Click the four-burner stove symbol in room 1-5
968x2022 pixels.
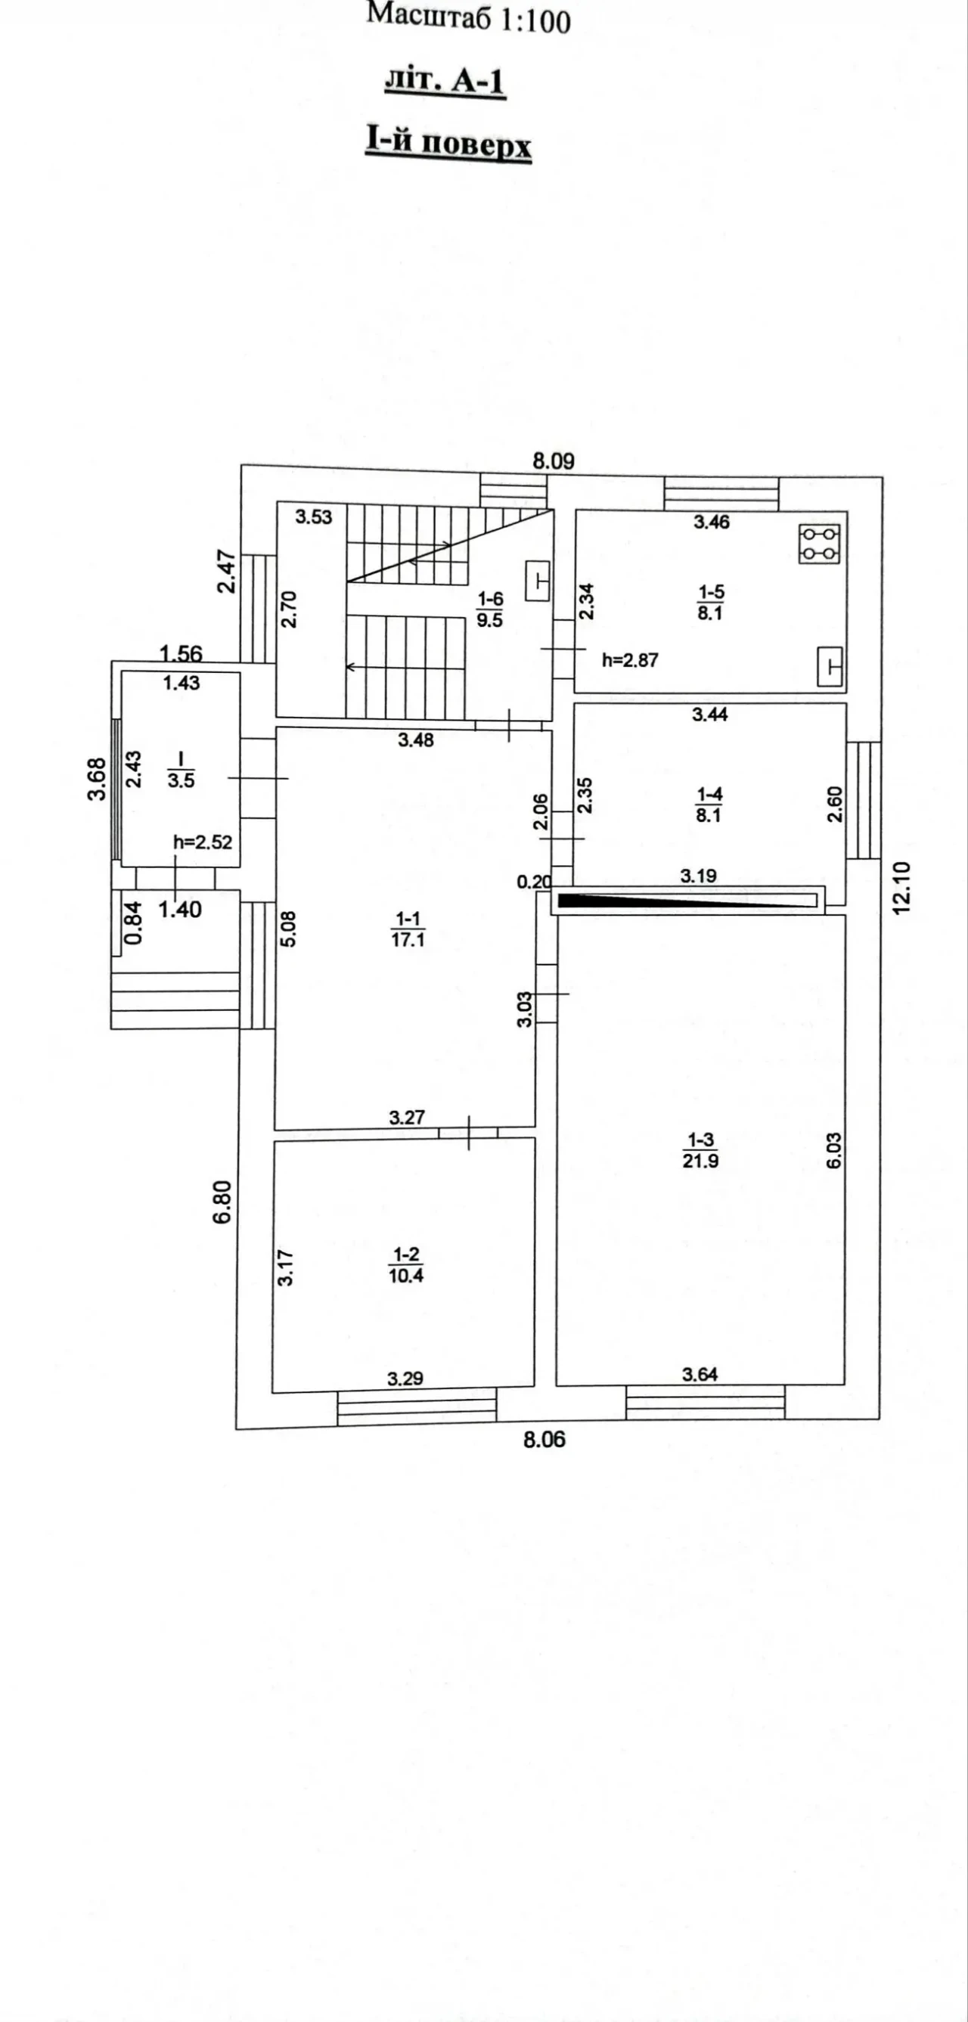(819, 543)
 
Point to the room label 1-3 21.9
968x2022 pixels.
(700, 1151)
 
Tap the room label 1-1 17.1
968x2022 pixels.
(408, 929)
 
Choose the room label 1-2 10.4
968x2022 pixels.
(406, 1265)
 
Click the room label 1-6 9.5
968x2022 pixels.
(490, 610)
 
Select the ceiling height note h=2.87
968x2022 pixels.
(630, 660)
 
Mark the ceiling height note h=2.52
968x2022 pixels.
(203, 842)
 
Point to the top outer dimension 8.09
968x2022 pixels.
(554, 461)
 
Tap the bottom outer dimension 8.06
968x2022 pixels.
(544, 1439)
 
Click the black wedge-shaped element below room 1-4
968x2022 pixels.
(687, 900)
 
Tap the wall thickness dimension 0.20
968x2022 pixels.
(534, 882)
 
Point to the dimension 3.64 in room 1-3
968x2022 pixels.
(700, 1374)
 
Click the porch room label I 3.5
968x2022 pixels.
(181, 770)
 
